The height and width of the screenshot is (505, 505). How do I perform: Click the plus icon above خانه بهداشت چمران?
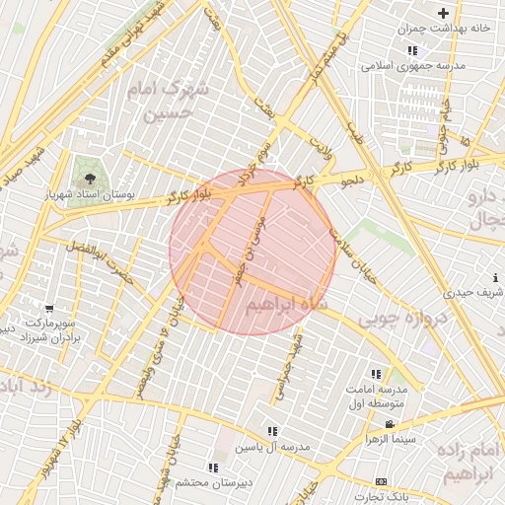(x=444, y=13)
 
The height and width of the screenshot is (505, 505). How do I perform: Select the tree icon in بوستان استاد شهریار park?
(x=90, y=179)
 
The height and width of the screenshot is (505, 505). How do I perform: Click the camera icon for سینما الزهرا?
(x=390, y=424)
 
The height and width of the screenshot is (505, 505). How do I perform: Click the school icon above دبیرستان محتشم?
(x=213, y=468)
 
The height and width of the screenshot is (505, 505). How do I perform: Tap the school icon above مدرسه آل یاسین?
(x=272, y=431)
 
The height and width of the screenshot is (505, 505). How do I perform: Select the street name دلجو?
(x=352, y=181)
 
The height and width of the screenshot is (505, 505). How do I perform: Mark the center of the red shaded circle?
(x=253, y=252)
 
